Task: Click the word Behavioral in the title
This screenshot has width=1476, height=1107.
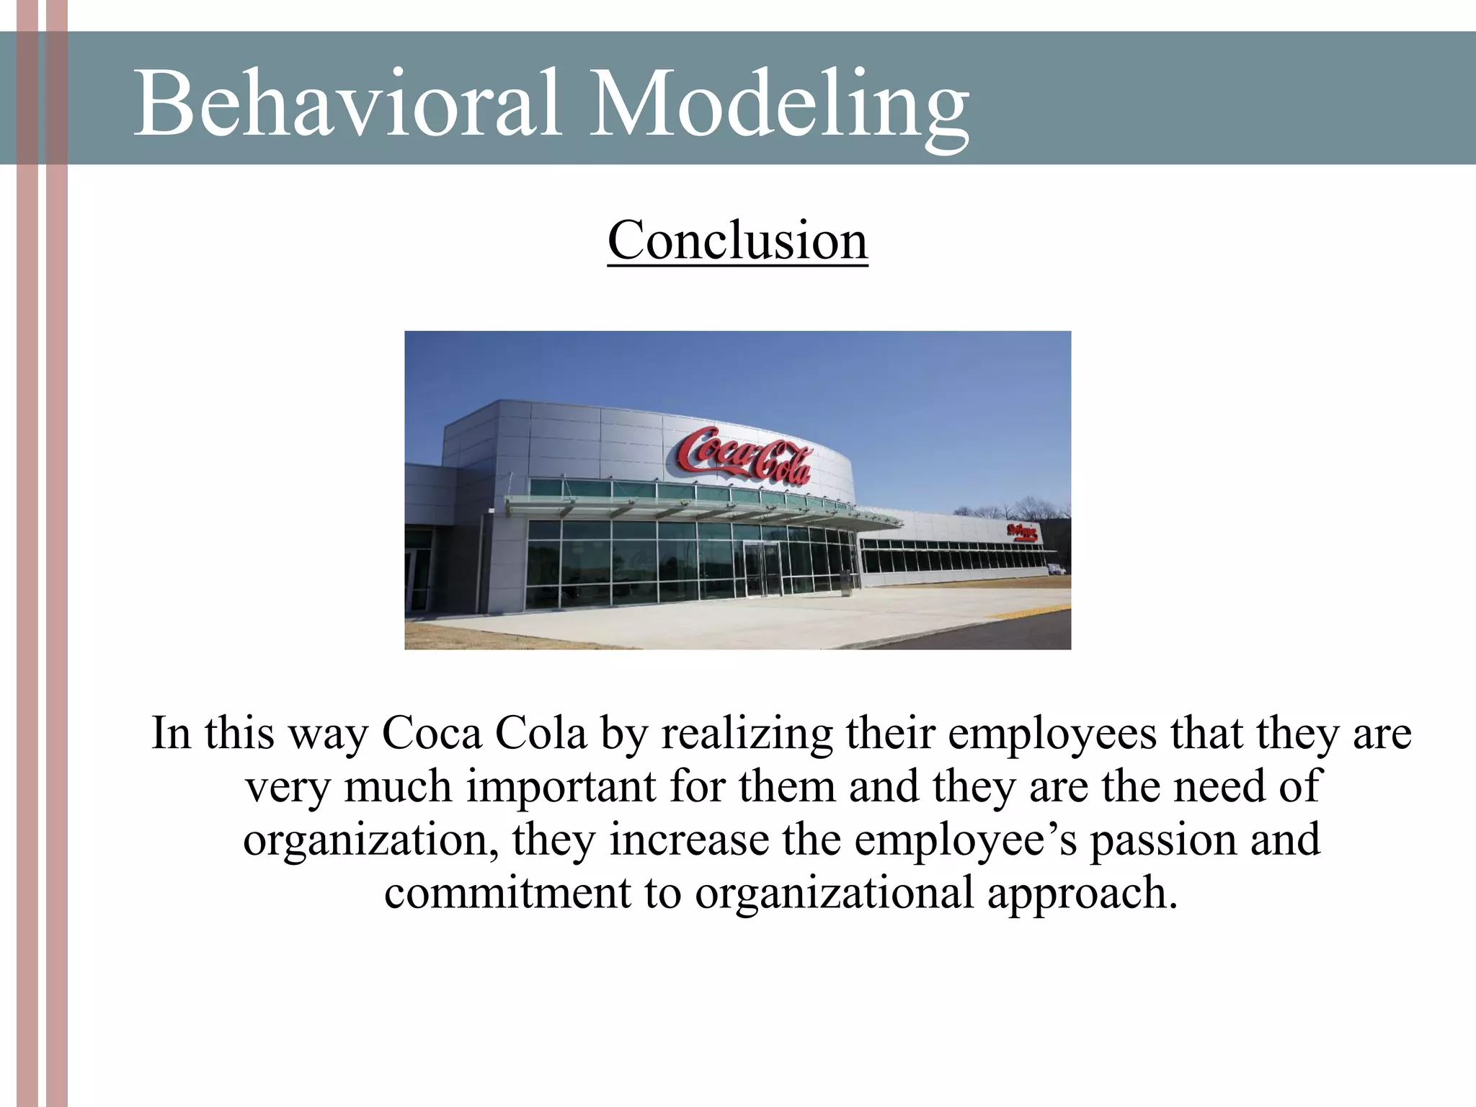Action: point(346,102)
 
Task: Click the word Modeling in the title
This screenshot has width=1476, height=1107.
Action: point(778,102)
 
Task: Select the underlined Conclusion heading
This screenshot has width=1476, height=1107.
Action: point(737,241)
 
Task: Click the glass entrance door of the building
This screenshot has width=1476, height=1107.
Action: point(762,569)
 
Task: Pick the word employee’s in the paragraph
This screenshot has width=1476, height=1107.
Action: point(965,840)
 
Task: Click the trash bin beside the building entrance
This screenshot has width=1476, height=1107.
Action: point(845,583)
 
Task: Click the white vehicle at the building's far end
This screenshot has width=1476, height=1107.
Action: point(1056,569)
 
